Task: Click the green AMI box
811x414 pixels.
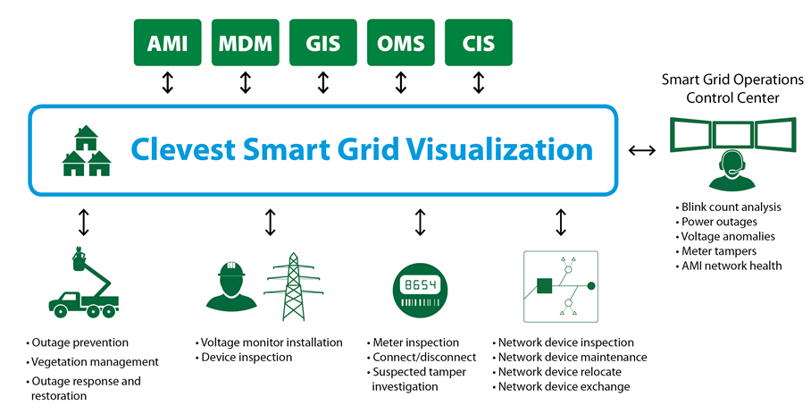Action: (168, 42)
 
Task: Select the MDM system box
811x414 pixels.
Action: (246, 42)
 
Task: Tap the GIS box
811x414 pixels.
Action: (323, 42)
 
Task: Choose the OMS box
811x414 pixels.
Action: (401, 42)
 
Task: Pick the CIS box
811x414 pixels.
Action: (478, 42)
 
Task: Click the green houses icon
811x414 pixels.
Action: (87, 150)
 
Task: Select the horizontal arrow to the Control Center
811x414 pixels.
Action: (642, 150)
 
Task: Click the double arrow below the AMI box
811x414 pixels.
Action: (168, 83)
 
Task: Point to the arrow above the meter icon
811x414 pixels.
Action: (420, 222)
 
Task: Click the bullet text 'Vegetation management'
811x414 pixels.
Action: (94, 362)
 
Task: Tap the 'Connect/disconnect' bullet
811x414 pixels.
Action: (417, 357)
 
